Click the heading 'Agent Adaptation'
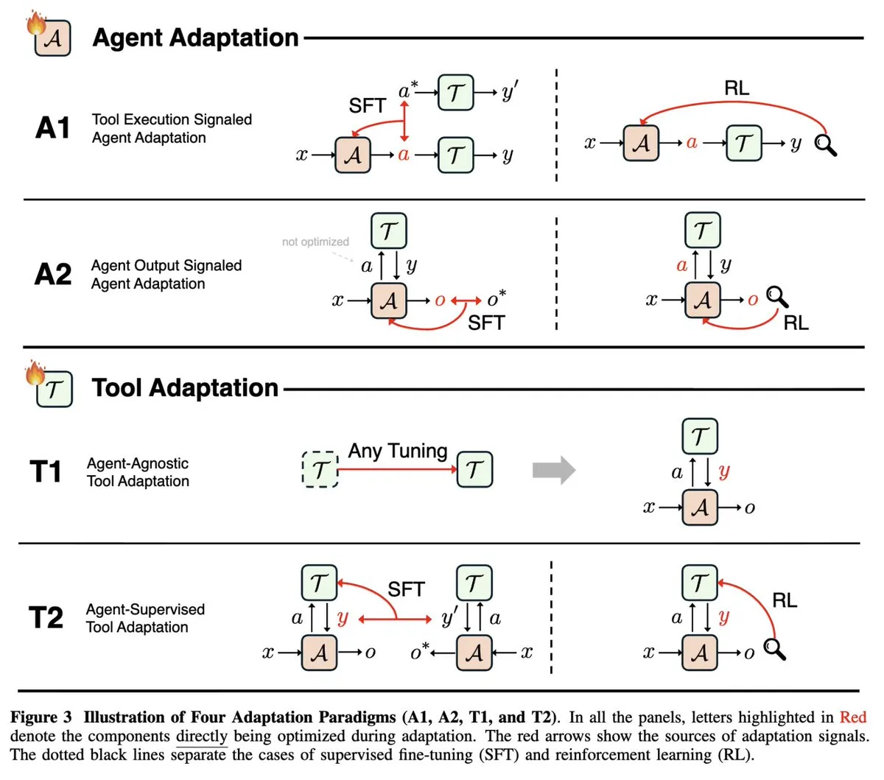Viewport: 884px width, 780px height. tap(195, 38)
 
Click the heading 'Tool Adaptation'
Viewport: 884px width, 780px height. tap(185, 387)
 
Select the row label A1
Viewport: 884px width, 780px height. tap(53, 128)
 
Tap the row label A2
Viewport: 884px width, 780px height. tap(53, 274)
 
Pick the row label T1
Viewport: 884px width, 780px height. tap(46, 471)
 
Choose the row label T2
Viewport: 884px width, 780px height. tap(46, 617)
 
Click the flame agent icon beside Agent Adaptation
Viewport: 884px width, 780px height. tap(49, 36)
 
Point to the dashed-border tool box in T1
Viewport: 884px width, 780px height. tap(320, 469)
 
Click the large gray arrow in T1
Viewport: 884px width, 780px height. tap(553, 470)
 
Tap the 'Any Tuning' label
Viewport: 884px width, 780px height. tap(398, 450)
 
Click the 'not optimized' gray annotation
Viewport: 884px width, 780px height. tap(315, 242)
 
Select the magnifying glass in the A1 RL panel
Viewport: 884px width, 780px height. tap(826, 145)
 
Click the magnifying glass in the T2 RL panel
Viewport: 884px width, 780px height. tap(775, 649)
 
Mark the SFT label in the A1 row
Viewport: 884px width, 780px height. tap(367, 106)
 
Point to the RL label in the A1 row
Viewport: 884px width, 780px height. tap(737, 88)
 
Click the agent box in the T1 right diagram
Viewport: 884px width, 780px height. tap(700, 507)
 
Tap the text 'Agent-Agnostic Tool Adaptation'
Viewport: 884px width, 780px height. tap(138, 472)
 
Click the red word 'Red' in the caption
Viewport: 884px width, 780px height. tap(853, 717)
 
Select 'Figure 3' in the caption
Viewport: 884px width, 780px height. tap(41, 717)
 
